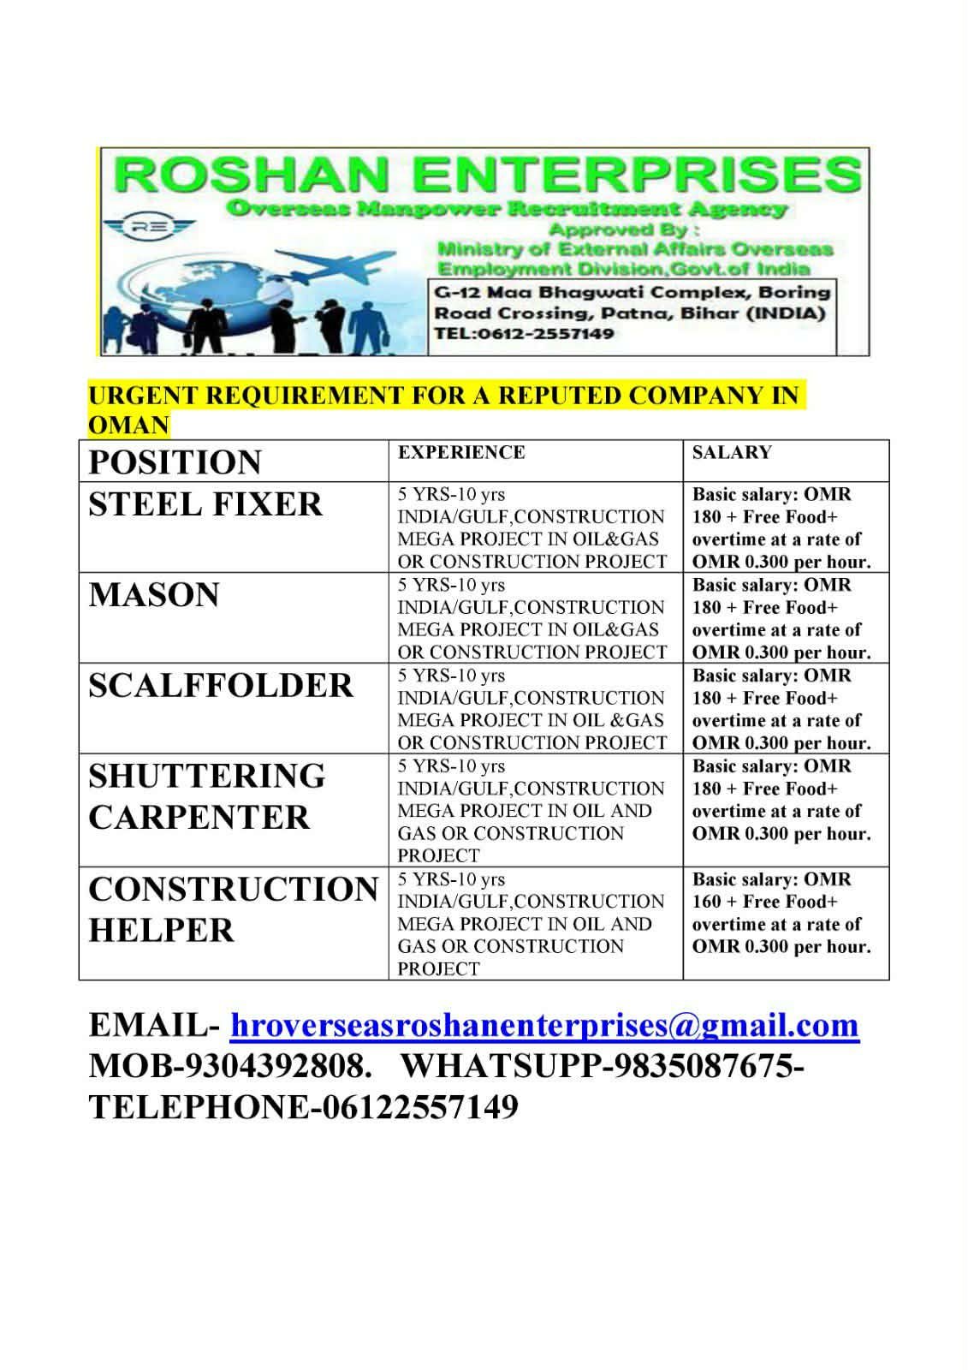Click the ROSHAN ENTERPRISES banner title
(486, 175)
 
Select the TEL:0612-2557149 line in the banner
(524, 334)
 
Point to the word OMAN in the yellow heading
(128, 426)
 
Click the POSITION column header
(175, 462)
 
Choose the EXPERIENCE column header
(461, 453)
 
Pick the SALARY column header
(732, 453)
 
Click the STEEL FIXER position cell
(205, 504)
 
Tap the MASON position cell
(154, 595)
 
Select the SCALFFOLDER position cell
(221, 686)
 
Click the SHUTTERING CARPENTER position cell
(207, 796)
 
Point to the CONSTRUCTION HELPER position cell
(233, 909)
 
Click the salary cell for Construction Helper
(781, 913)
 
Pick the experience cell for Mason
(532, 618)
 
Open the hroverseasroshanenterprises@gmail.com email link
(544, 1025)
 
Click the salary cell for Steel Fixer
(781, 527)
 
